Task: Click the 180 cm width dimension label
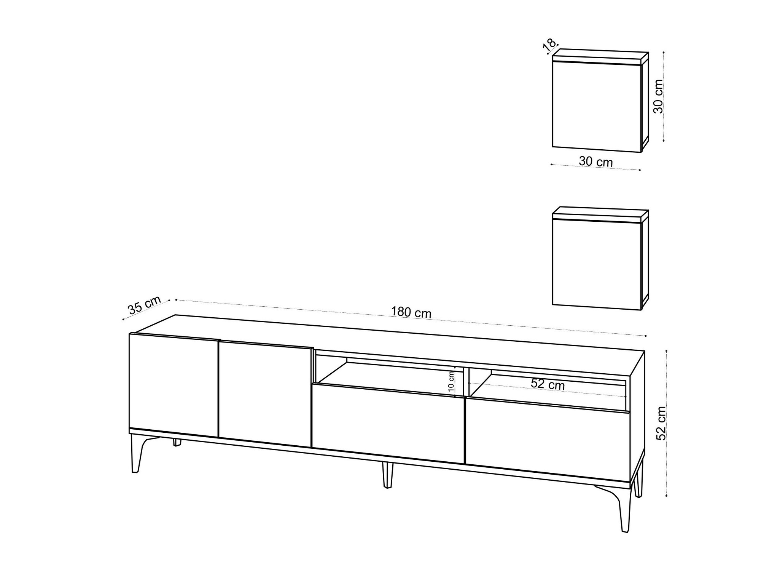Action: [411, 312]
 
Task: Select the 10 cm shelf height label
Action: [451, 382]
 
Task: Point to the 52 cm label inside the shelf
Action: [548, 384]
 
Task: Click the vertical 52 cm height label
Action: [662, 423]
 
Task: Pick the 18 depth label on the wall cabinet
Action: [549, 45]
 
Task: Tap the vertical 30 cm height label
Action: [658, 96]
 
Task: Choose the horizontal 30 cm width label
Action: [595, 162]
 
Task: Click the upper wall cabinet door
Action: [597, 107]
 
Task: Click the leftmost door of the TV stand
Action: [174, 385]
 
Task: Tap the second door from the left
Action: [265, 394]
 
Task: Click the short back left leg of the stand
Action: [177, 442]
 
